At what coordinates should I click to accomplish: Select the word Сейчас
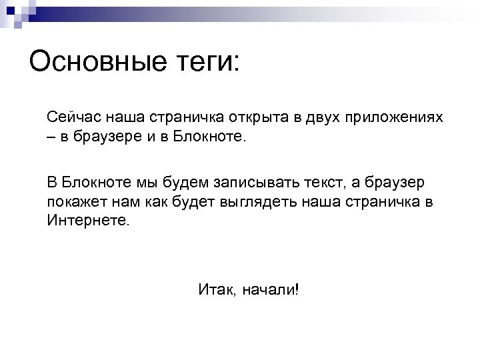(x=71, y=117)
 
